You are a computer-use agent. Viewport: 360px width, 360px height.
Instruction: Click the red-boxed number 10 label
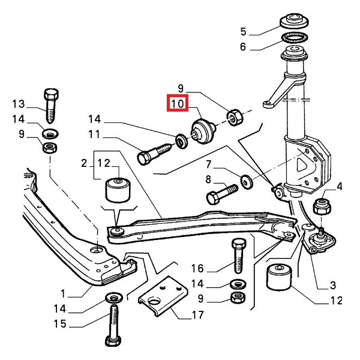178,104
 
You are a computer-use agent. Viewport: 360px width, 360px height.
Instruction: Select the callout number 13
19,104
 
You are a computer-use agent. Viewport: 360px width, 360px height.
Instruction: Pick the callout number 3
332,285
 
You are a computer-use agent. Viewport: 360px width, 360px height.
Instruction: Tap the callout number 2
85,163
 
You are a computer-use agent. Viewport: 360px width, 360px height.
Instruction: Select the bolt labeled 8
220,196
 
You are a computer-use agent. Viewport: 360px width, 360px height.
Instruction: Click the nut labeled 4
322,206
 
